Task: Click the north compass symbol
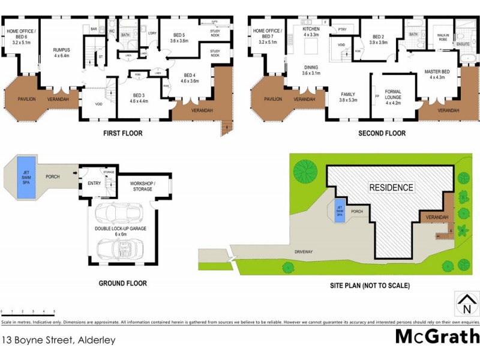pyautogui.click(x=464, y=304)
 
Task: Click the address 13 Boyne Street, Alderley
pyautogui.click(x=58, y=340)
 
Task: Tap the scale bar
pyautogui.click(x=28, y=313)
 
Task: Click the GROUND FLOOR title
pyautogui.click(x=122, y=283)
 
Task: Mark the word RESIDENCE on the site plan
pyautogui.click(x=391, y=187)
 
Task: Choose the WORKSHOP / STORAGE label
pyautogui.click(x=143, y=186)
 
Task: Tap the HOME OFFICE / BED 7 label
pyautogui.click(x=268, y=35)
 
